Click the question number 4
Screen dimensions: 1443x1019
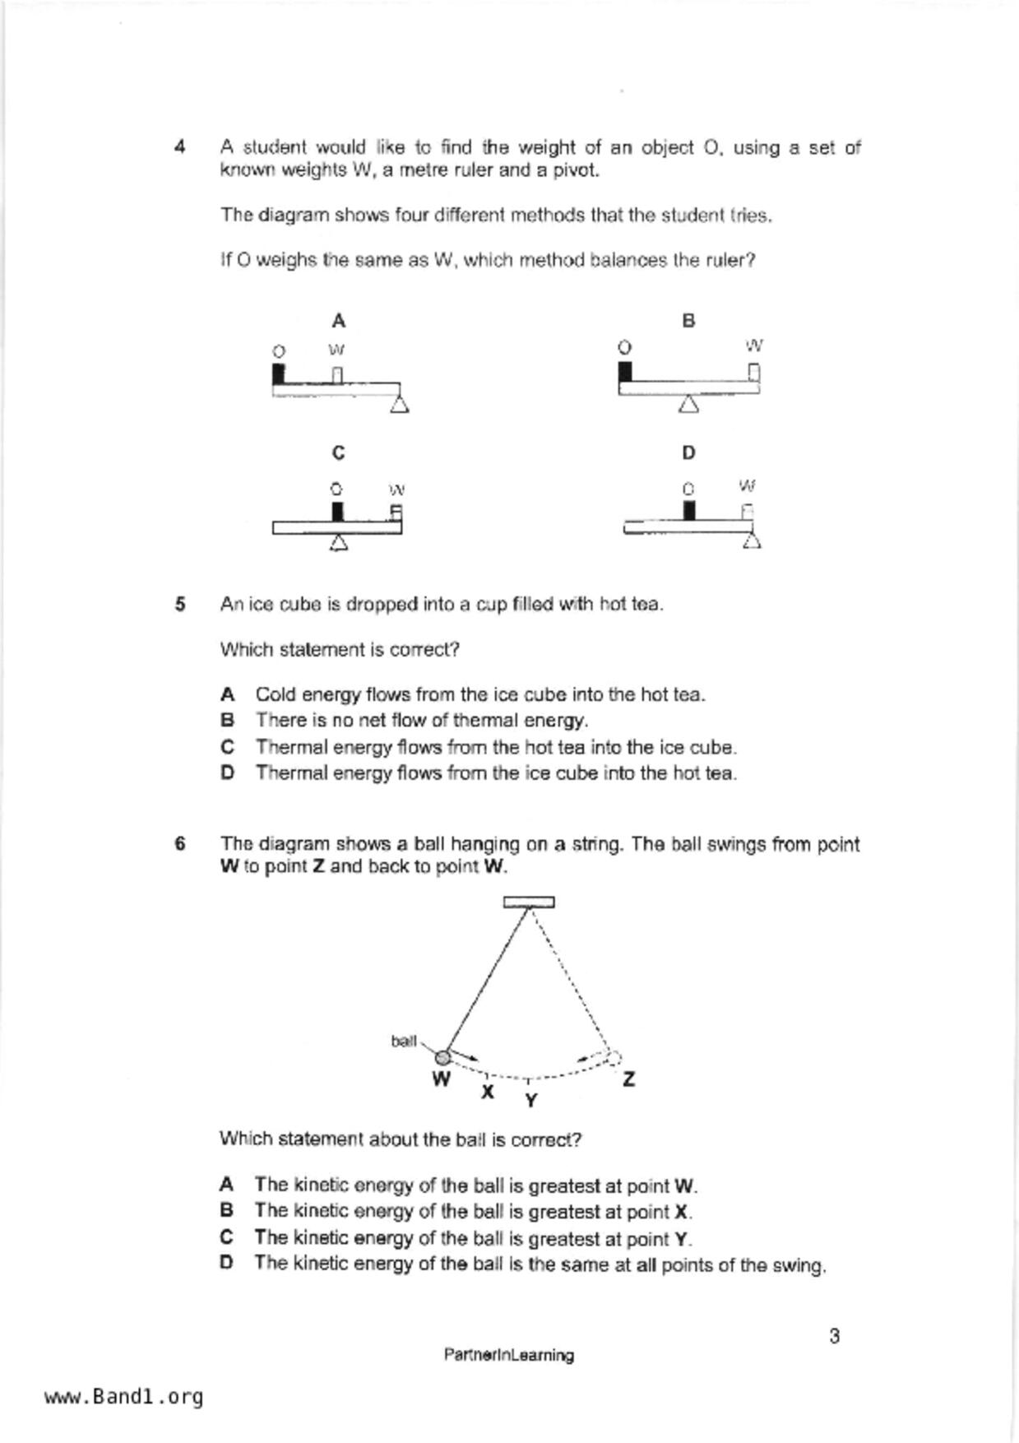[179, 148]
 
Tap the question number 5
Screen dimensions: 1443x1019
[179, 605]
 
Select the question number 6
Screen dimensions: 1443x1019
[179, 844]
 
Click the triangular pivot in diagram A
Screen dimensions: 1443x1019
[400, 404]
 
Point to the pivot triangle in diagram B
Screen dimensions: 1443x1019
[689, 404]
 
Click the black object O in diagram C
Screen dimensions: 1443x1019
[337, 512]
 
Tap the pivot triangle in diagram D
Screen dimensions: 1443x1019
[751, 540]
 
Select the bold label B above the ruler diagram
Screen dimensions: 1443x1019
[688, 321]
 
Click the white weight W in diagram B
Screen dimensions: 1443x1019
[753, 374]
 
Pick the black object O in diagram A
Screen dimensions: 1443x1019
[279, 374]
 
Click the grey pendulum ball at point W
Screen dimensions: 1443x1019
[442, 1057]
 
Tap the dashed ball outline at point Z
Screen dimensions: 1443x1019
[614, 1058]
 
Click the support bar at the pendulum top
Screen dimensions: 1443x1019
[529, 902]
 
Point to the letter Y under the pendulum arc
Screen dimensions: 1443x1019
[531, 1100]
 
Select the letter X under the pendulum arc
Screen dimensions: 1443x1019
[488, 1093]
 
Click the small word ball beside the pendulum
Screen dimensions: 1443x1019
[403, 1042]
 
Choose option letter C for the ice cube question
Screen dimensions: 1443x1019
[228, 747]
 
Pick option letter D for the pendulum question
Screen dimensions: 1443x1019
[227, 1263]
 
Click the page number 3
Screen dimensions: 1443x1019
[834, 1336]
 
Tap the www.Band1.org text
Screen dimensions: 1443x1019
[123, 1397]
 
